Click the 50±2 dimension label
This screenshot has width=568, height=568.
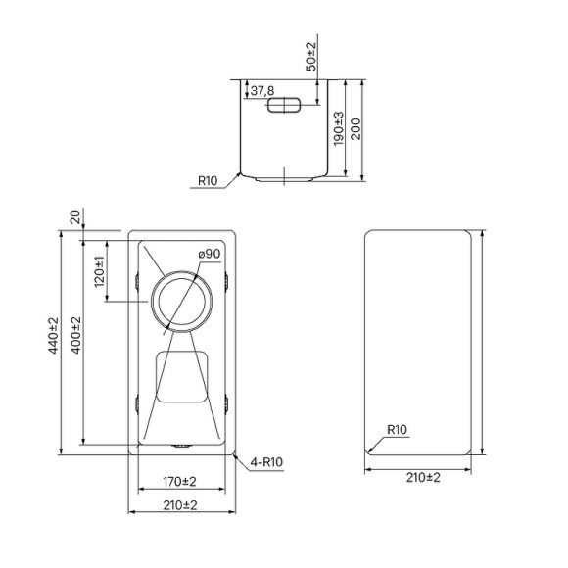(311, 57)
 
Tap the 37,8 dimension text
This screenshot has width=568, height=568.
(262, 90)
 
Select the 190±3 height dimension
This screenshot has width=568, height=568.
(339, 128)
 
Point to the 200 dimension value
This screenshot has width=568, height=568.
(356, 129)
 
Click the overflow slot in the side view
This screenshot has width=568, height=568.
(284, 105)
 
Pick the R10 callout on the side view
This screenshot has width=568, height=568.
(208, 180)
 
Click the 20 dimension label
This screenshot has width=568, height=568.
(75, 217)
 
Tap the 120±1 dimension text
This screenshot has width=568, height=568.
(99, 271)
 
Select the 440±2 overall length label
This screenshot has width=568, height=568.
(53, 336)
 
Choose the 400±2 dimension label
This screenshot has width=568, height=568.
(76, 336)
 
